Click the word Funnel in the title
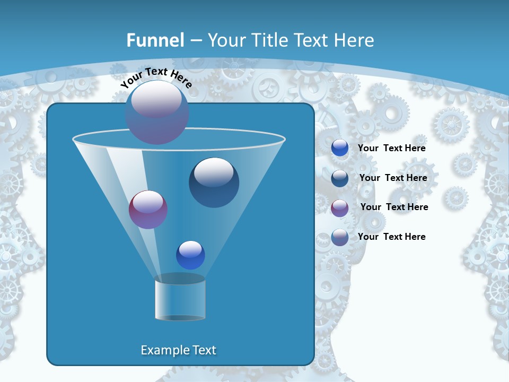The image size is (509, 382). [155, 40]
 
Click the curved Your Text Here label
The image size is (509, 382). [155, 76]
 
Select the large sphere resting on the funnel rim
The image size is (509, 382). [157, 112]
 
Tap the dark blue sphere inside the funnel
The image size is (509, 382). [214, 183]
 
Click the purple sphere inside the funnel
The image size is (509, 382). [148, 210]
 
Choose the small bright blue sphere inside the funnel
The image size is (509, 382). [190, 255]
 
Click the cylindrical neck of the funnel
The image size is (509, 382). [180, 298]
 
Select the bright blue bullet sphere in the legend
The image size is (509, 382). [340, 148]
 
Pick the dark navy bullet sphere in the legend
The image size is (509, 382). [340, 178]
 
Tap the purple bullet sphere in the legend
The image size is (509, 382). [340, 207]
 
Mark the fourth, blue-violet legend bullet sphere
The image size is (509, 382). [340, 237]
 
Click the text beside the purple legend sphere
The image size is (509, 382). [394, 207]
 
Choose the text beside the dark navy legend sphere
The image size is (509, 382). [393, 178]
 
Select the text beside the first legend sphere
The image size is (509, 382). [391, 148]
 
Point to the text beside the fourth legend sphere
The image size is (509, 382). [391, 237]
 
